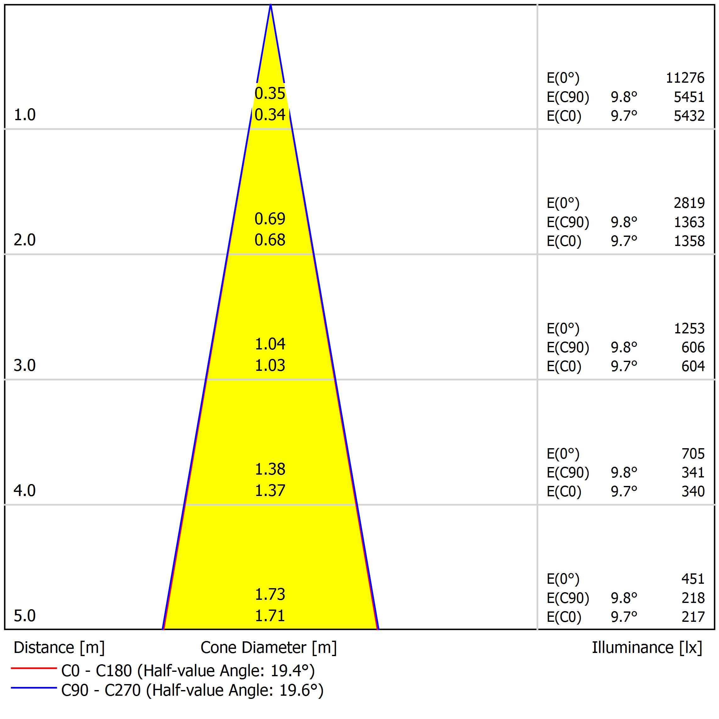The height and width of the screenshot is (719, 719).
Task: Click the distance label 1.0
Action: click(x=25, y=115)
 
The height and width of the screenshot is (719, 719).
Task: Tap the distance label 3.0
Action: click(x=25, y=366)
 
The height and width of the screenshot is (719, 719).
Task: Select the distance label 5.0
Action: click(x=25, y=616)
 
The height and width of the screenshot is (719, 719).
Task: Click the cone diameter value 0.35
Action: click(x=270, y=93)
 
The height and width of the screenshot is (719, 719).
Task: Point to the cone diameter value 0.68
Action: click(x=270, y=240)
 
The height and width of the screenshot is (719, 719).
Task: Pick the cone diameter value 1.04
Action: click(x=270, y=344)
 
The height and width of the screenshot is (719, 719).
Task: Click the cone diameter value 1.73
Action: click(x=270, y=595)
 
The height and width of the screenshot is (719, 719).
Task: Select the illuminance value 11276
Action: click(x=685, y=78)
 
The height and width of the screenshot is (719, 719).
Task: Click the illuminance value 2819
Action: click(x=689, y=203)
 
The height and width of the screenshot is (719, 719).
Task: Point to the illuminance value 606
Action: click(x=693, y=348)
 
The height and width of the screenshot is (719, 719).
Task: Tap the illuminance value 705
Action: click(x=693, y=454)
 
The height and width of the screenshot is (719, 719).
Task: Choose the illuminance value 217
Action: click(x=693, y=617)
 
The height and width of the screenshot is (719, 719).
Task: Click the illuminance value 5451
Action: click(x=689, y=97)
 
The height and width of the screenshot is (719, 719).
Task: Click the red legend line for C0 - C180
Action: click(x=33, y=668)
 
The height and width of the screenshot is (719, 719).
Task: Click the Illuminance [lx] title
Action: click(x=647, y=648)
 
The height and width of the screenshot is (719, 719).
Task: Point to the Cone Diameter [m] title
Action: click(x=268, y=648)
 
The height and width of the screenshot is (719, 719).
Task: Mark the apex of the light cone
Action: click(x=270, y=5)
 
